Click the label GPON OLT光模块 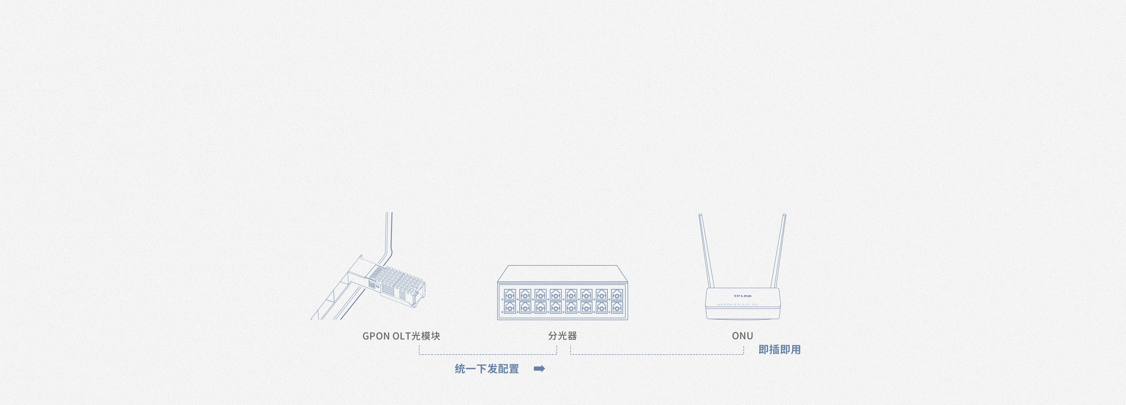(401, 336)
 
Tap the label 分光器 (562, 336)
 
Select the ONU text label (742, 336)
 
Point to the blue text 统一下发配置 (487, 369)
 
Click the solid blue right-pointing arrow (539, 369)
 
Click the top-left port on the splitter (510, 295)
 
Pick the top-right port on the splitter (617, 295)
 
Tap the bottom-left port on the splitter (510, 308)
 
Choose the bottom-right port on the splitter (617, 308)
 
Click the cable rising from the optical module (389, 236)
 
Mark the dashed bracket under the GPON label (487, 354)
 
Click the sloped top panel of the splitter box (562, 273)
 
